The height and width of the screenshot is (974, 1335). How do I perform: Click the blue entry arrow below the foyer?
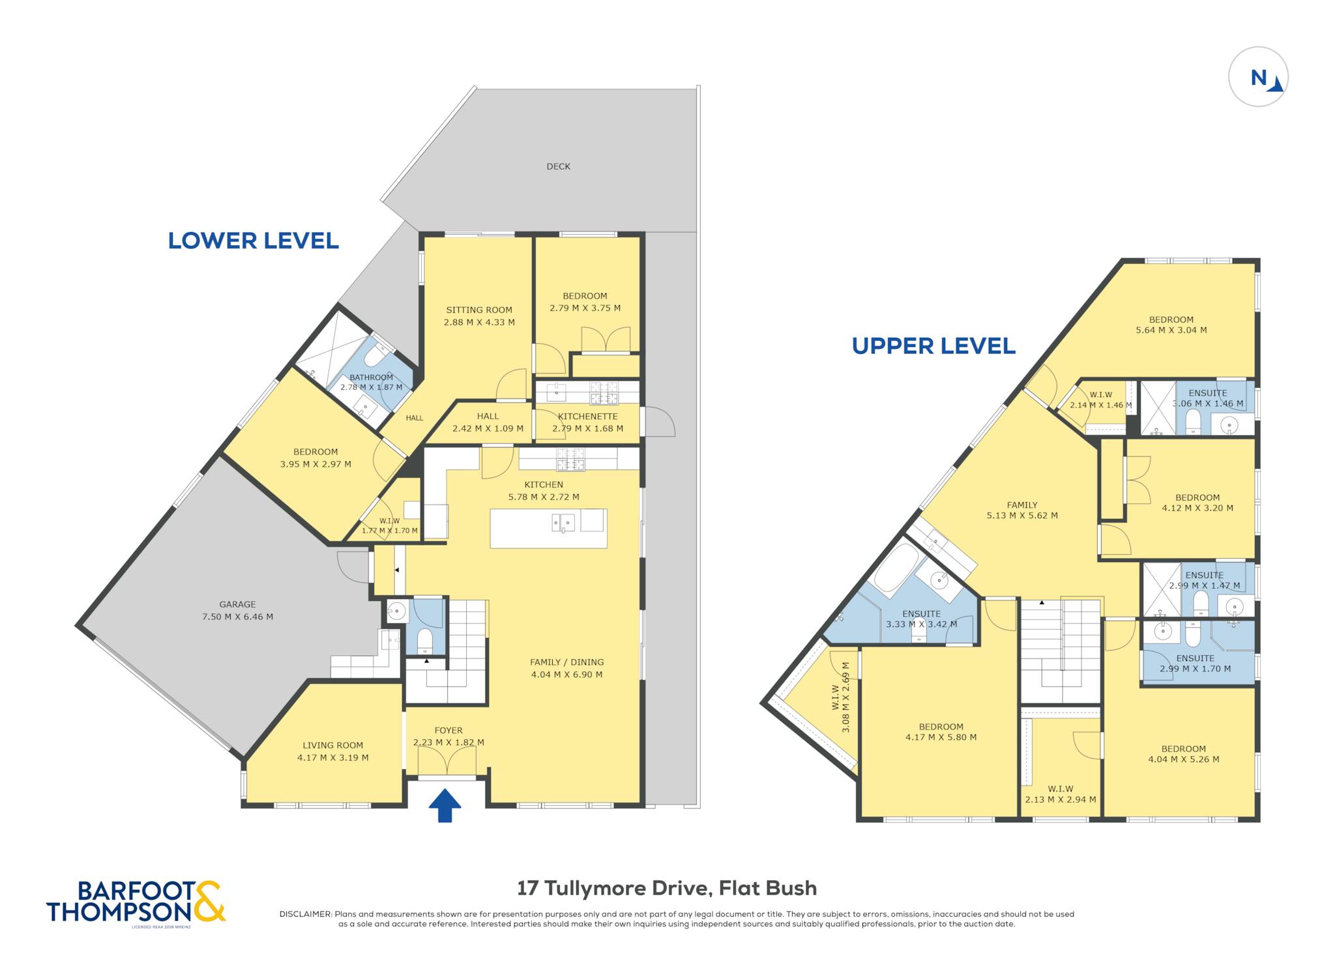coord(445,805)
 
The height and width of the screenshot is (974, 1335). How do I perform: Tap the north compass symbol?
coord(1258,77)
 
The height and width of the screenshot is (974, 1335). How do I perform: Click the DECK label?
coord(558,166)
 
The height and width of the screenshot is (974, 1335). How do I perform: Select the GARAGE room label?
coord(237,604)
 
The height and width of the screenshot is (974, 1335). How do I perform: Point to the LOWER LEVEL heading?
coord(254,241)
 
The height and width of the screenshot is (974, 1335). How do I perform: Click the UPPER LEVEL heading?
coord(933,346)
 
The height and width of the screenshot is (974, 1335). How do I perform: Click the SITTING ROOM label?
coord(479,310)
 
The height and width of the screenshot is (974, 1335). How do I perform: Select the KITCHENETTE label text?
coord(587,416)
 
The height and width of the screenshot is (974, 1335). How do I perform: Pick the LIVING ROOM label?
coord(332,745)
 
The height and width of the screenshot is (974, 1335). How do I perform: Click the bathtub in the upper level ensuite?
coord(896,567)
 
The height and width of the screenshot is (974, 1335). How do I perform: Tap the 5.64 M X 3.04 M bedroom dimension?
coord(1171,330)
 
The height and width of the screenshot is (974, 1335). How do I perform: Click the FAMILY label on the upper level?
coord(1022,505)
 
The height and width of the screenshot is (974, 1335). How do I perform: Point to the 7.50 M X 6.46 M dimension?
coord(237,617)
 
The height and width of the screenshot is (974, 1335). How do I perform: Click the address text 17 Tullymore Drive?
coord(613,888)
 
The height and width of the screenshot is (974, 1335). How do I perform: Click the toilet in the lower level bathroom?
coord(376,355)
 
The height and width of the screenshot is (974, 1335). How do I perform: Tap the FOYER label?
coord(448,730)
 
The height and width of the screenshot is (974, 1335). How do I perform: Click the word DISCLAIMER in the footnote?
coord(306,914)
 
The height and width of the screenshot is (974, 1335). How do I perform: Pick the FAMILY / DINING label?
coord(566,662)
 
